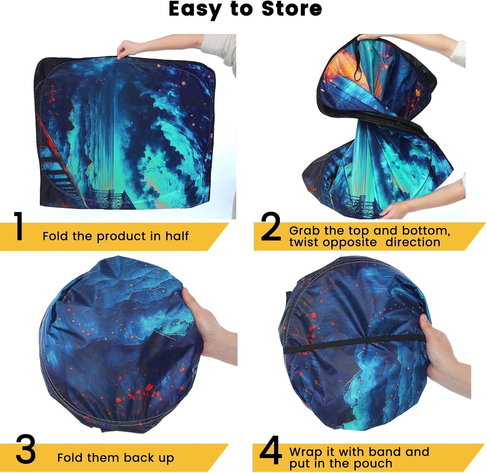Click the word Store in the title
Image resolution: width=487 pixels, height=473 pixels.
pos(292,9)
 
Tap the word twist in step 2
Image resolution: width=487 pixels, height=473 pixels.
pos(304,242)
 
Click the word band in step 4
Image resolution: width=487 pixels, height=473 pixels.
pos(385,452)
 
